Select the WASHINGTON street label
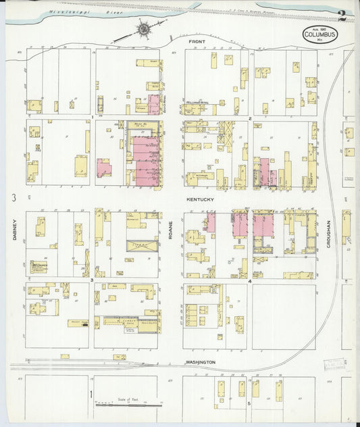coord(201,362)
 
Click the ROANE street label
coord(171,230)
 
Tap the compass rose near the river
coord(143,28)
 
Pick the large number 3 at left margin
coord(13,197)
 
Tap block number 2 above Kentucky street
coord(250,118)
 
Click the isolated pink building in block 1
coord(103,168)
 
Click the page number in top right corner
coord(342,14)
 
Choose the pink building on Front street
coord(154,105)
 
